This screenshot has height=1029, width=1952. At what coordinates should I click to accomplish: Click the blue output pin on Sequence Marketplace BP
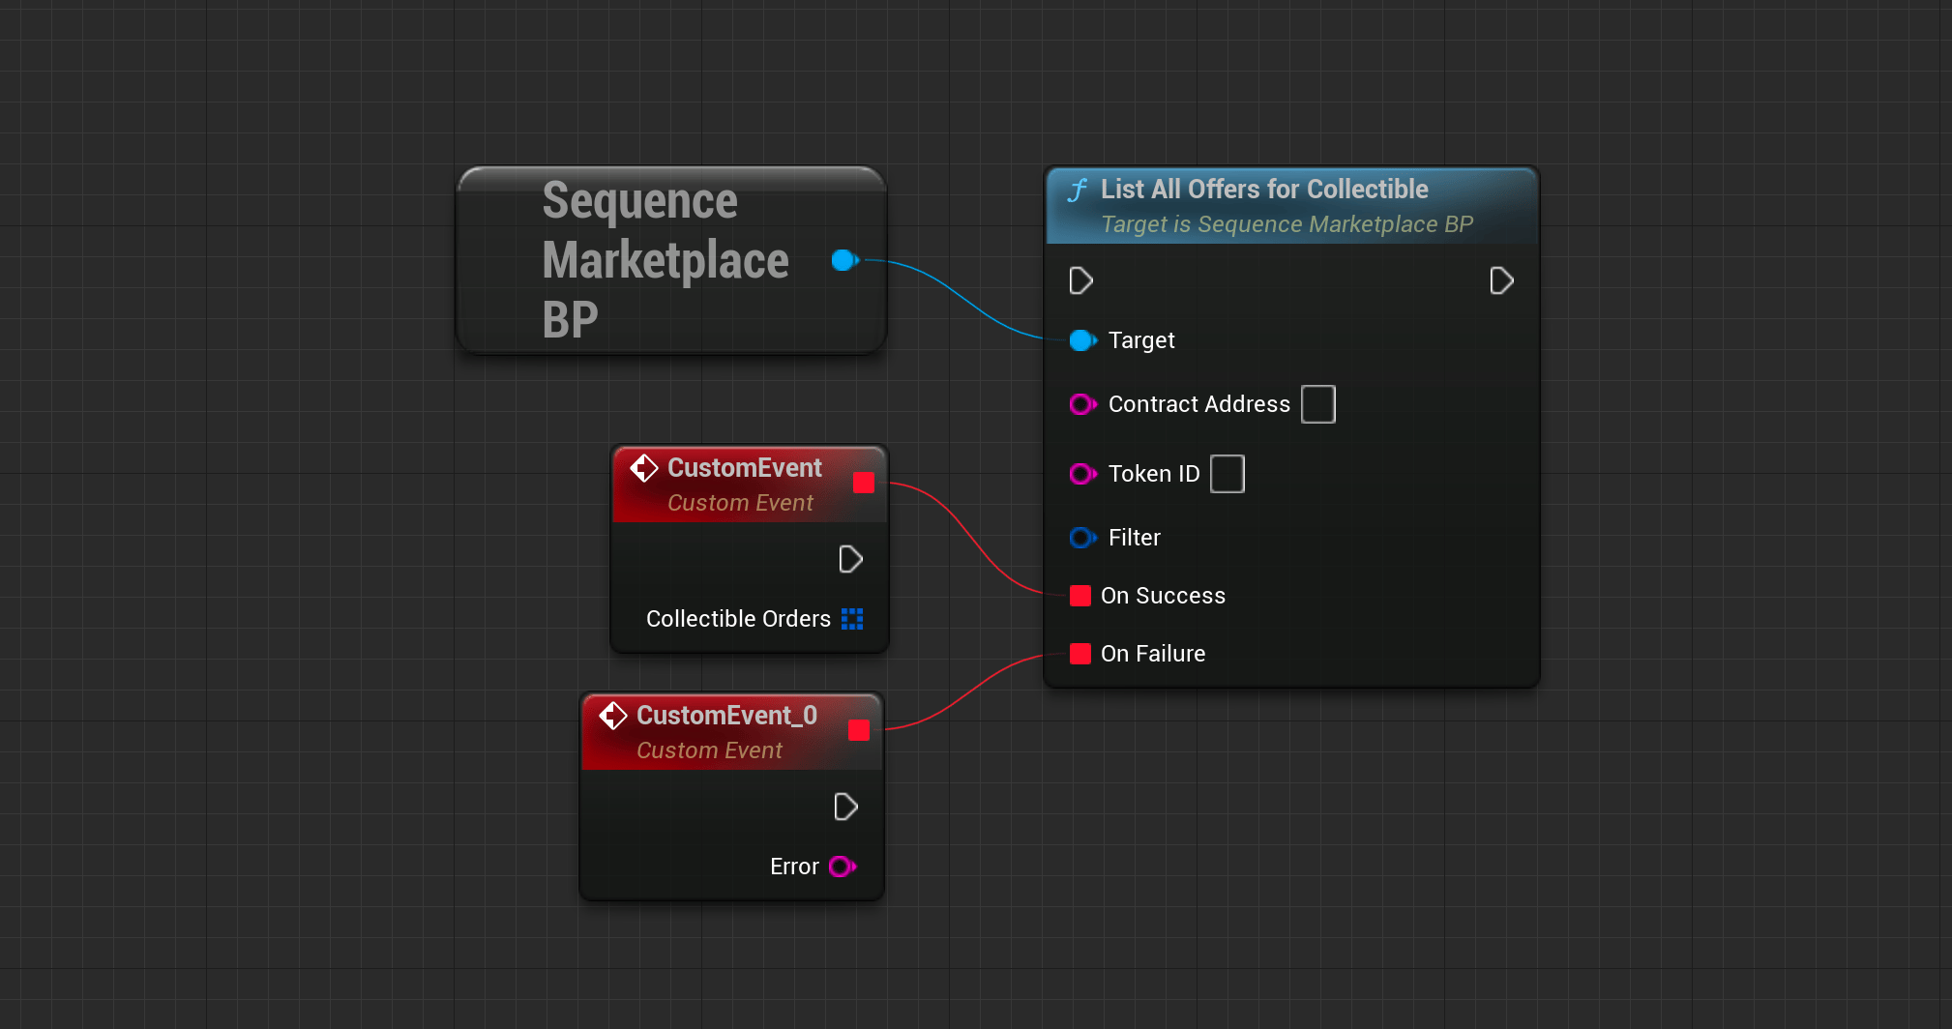point(844,260)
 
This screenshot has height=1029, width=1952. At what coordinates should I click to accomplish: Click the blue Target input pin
point(1082,340)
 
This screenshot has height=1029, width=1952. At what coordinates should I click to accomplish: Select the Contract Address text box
point(1318,404)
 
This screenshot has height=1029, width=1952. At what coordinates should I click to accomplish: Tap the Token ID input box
point(1227,474)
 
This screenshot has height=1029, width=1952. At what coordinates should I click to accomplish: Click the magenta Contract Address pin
point(1082,404)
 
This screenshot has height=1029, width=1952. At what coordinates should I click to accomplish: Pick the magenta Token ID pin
point(1082,474)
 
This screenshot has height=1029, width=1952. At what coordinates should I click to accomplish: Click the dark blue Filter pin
point(1082,538)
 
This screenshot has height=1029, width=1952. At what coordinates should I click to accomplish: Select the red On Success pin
point(1080,596)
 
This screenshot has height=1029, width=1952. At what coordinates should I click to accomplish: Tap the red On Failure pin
point(1080,654)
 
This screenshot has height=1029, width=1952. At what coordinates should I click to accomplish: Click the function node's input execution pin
point(1081,281)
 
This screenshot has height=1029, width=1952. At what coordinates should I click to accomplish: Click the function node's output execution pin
point(1501,281)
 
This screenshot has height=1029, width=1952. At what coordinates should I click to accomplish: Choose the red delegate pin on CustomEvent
point(864,483)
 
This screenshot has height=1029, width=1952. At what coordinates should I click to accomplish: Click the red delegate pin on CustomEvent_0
point(859,730)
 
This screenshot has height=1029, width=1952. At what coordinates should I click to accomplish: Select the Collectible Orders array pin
point(852,619)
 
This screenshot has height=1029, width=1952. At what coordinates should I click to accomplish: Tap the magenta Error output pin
point(843,867)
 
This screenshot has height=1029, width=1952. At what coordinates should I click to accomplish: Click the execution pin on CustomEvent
point(850,560)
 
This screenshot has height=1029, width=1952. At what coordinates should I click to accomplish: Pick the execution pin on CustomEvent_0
point(845,808)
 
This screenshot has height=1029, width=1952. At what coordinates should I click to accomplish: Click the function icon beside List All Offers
point(1078,190)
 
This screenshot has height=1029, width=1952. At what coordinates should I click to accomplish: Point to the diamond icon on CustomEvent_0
point(613,716)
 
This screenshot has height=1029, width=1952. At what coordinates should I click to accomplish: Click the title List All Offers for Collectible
point(1264,189)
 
